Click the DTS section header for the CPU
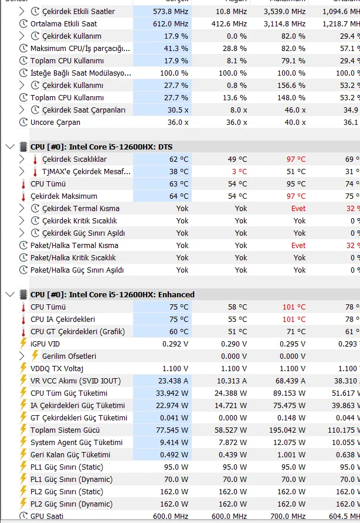click(x=101, y=147)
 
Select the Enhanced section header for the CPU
click(x=112, y=294)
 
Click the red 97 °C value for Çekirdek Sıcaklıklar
click(x=296, y=159)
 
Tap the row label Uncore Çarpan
click(x=55, y=122)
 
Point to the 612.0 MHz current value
click(x=171, y=23)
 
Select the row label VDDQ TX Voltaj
click(x=57, y=368)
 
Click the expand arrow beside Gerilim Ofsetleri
click(x=22, y=356)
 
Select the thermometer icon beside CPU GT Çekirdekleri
click(x=23, y=331)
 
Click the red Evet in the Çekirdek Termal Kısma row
click(x=298, y=208)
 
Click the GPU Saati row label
click(x=47, y=516)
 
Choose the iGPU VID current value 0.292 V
click(x=175, y=344)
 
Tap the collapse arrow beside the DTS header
click(x=9, y=147)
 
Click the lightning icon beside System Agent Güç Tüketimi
click(x=23, y=442)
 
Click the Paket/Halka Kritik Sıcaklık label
click(x=73, y=257)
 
